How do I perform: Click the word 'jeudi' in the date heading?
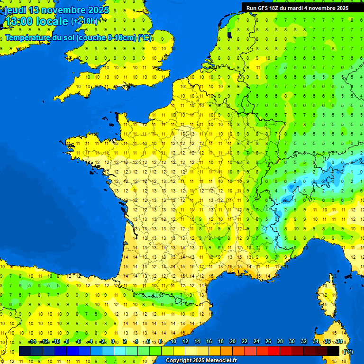point(15,10)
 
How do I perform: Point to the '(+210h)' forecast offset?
point(84,21)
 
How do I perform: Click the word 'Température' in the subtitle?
point(29,37)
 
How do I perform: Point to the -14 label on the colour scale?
point(32,342)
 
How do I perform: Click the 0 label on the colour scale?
point(113,342)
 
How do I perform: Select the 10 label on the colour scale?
point(173,342)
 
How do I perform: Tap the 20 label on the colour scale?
point(232,342)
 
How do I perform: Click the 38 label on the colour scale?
point(339,342)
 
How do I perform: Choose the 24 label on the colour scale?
point(256,342)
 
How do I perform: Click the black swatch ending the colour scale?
point(333,351)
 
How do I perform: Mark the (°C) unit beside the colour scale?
point(348,351)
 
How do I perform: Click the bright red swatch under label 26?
point(274,351)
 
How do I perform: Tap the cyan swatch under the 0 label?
point(120,351)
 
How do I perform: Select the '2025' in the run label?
point(341,8)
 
